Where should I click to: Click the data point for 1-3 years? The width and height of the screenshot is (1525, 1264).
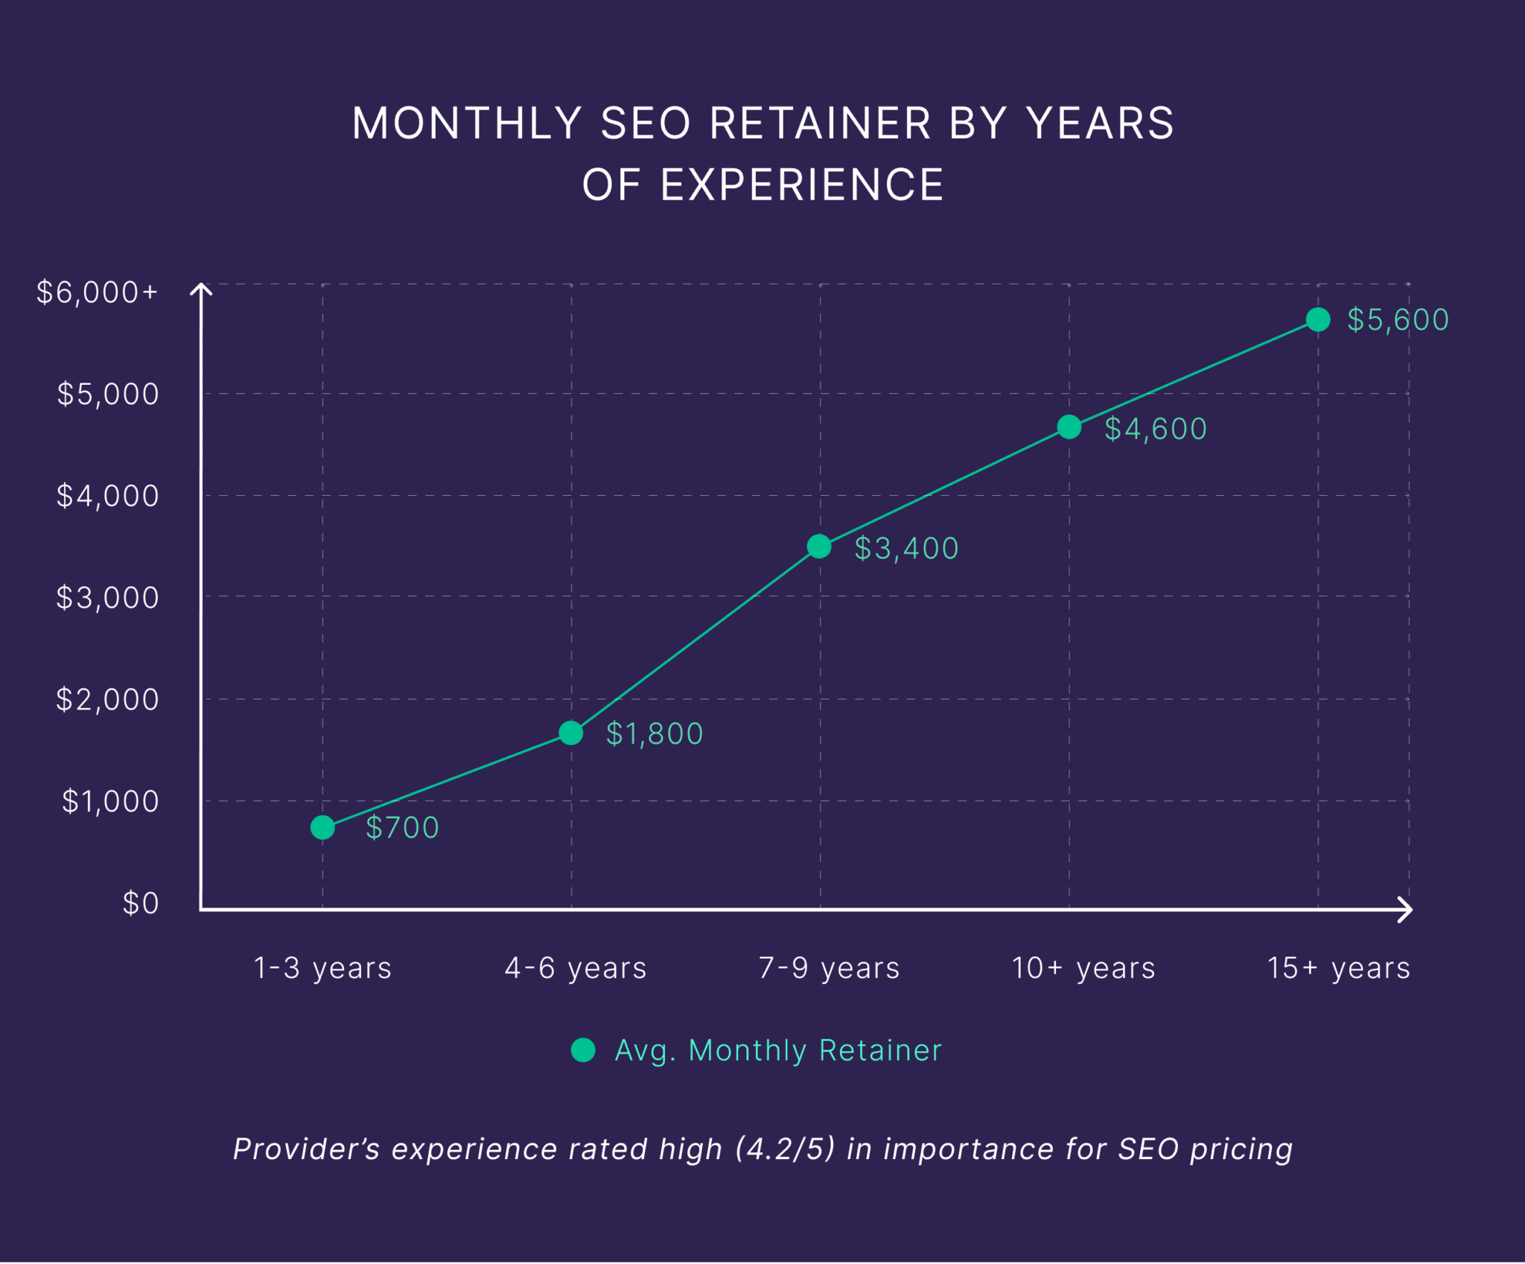pos(322,827)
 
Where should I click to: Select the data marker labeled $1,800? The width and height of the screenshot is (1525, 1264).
pos(571,733)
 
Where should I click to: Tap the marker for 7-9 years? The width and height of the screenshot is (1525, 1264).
pos(819,546)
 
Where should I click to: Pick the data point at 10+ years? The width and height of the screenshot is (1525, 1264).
pos(1069,427)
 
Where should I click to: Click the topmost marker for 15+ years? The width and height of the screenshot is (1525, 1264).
pos(1318,319)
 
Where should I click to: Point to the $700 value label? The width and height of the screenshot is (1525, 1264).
pos(402,828)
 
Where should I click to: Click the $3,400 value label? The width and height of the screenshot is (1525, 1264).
pos(906,549)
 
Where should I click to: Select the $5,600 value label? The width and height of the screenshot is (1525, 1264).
pos(1398,320)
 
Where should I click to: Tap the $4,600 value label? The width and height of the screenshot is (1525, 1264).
pos(1155,429)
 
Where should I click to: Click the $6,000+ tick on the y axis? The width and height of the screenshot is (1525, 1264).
pos(98,293)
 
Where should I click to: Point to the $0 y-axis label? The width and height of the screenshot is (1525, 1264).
pos(141,904)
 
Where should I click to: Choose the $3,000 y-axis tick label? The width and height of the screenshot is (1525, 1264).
pos(108,598)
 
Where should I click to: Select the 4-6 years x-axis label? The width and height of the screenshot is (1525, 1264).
pos(576,968)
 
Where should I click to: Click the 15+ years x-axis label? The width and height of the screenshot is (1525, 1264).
pos(1338,968)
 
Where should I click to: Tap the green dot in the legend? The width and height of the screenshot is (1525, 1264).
pos(583,1050)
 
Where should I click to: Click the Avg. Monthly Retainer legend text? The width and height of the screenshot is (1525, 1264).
pos(778,1050)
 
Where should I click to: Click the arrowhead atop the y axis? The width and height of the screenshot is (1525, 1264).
pos(201,288)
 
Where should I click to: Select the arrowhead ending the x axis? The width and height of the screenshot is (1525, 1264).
pos(1405,909)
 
